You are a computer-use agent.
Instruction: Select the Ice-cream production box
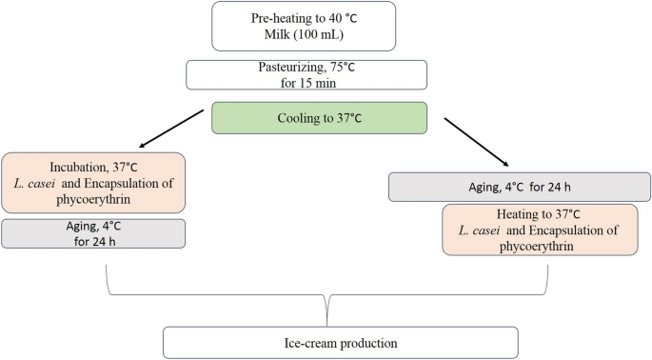click(x=341, y=342)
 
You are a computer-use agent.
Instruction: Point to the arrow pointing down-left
click(x=172, y=129)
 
